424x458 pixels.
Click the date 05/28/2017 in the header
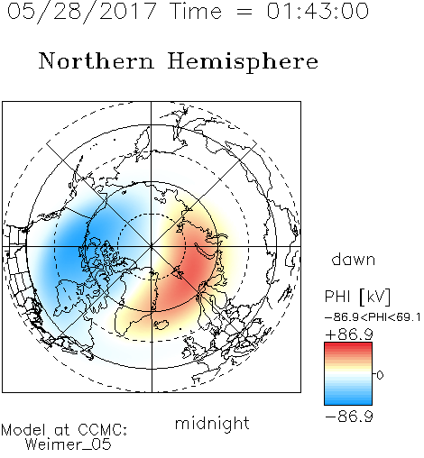click(82, 11)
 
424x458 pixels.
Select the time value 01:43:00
click(318, 11)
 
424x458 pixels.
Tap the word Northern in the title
click(96, 61)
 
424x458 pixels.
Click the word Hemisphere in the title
click(243, 62)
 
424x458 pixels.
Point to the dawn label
click(354, 259)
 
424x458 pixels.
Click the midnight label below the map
click(212, 423)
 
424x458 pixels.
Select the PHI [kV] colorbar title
click(357, 297)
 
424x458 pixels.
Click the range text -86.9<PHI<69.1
click(373, 317)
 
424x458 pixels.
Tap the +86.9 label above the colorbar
click(349, 334)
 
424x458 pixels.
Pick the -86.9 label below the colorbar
click(349, 417)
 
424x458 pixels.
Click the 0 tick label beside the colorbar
click(380, 375)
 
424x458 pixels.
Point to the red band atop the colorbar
click(348, 347)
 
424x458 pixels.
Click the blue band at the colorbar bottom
click(348, 400)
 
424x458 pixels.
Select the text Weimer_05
click(69, 444)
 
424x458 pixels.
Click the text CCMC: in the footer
click(103, 430)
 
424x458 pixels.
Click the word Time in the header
click(196, 11)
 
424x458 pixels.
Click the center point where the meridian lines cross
click(152, 247)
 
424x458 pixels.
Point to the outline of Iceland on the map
click(161, 325)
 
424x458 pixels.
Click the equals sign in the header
click(244, 13)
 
